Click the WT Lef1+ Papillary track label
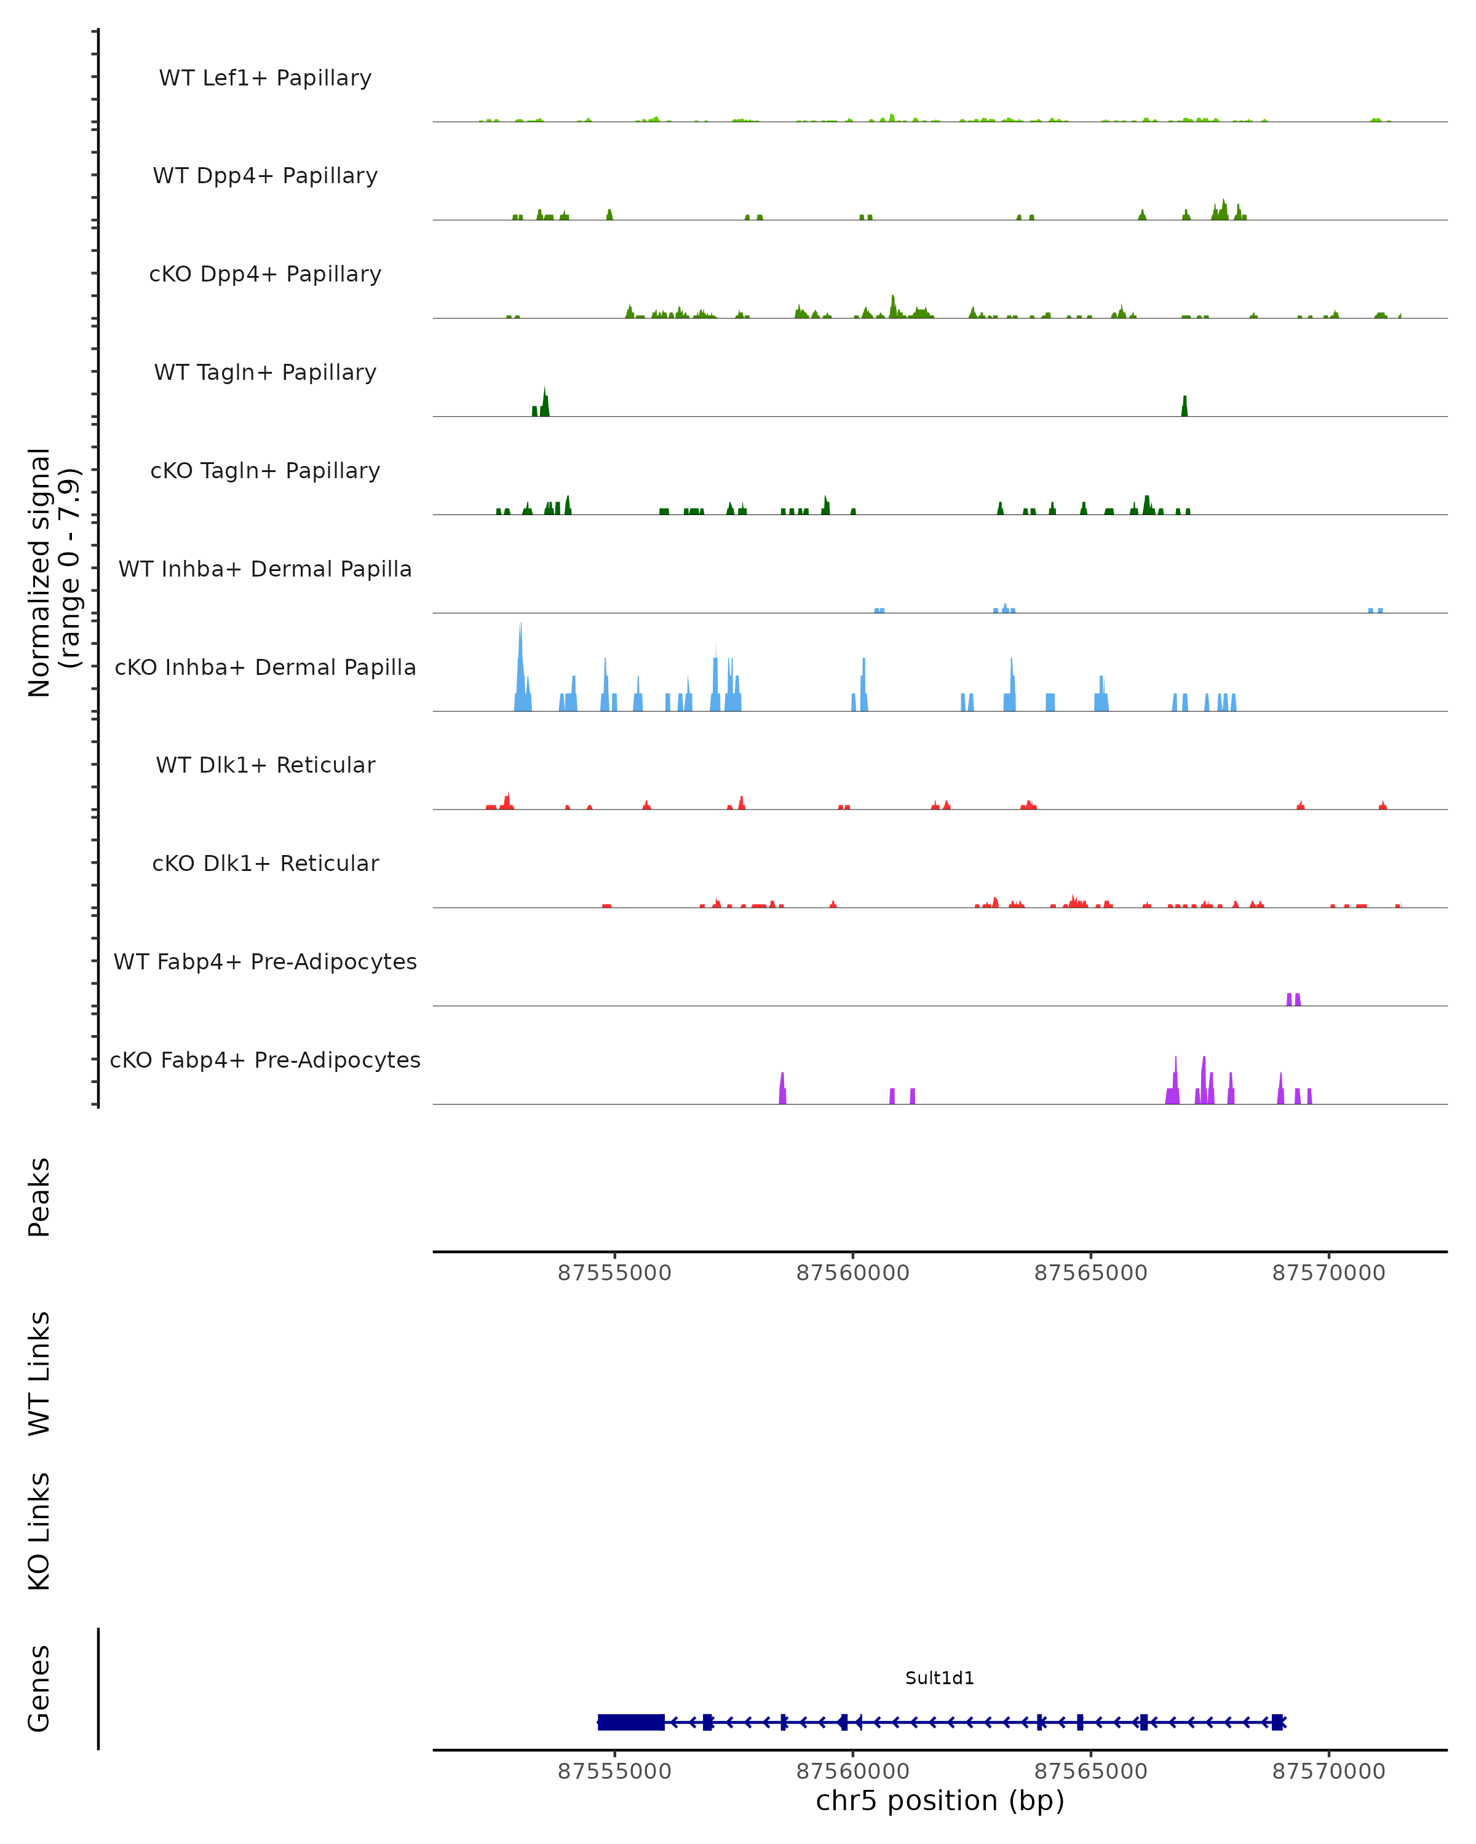265,78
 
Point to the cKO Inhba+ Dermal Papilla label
265,667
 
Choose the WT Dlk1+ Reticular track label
265,765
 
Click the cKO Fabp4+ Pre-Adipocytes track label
265,1060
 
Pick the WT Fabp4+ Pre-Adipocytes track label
265,961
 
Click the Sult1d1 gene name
940,1678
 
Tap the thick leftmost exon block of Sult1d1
630,1722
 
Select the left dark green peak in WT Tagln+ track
544,402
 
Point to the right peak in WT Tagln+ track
1184,406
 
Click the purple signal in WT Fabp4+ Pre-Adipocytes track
1294,999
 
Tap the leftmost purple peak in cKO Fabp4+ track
782,1089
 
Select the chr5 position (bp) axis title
940,1800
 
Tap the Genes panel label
39,1688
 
